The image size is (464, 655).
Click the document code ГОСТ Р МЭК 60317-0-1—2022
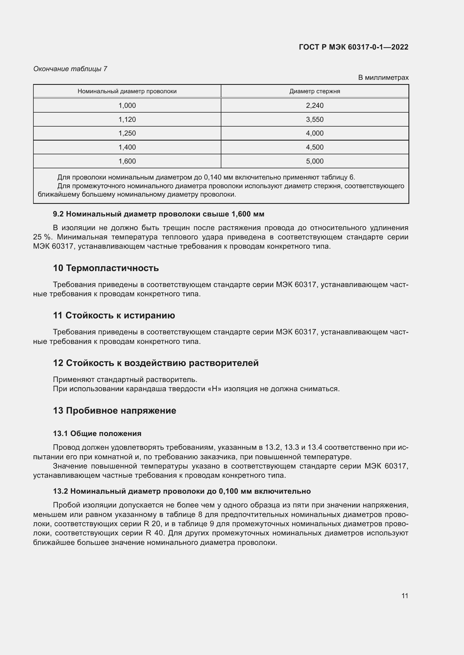click(x=353, y=47)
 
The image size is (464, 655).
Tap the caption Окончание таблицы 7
click(x=70, y=69)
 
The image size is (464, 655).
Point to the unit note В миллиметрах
click(x=383, y=78)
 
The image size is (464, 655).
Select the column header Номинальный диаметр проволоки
click(x=127, y=91)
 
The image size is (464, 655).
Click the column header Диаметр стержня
click(x=314, y=91)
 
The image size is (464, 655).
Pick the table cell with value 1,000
click(x=127, y=106)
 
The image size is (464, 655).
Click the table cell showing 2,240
click(x=314, y=106)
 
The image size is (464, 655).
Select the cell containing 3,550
click(x=314, y=120)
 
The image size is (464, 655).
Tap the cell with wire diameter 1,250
click(x=127, y=133)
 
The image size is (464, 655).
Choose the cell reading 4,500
click(x=314, y=147)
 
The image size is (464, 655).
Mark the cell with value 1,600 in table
click(x=127, y=161)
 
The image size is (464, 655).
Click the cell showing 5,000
click(x=314, y=161)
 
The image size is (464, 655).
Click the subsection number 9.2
click(x=59, y=214)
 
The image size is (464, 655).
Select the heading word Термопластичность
click(x=112, y=268)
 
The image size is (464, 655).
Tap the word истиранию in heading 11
click(x=149, y=316)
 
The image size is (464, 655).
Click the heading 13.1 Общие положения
click(x=97, y=433)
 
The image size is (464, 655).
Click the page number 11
click(x=405, y=596)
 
